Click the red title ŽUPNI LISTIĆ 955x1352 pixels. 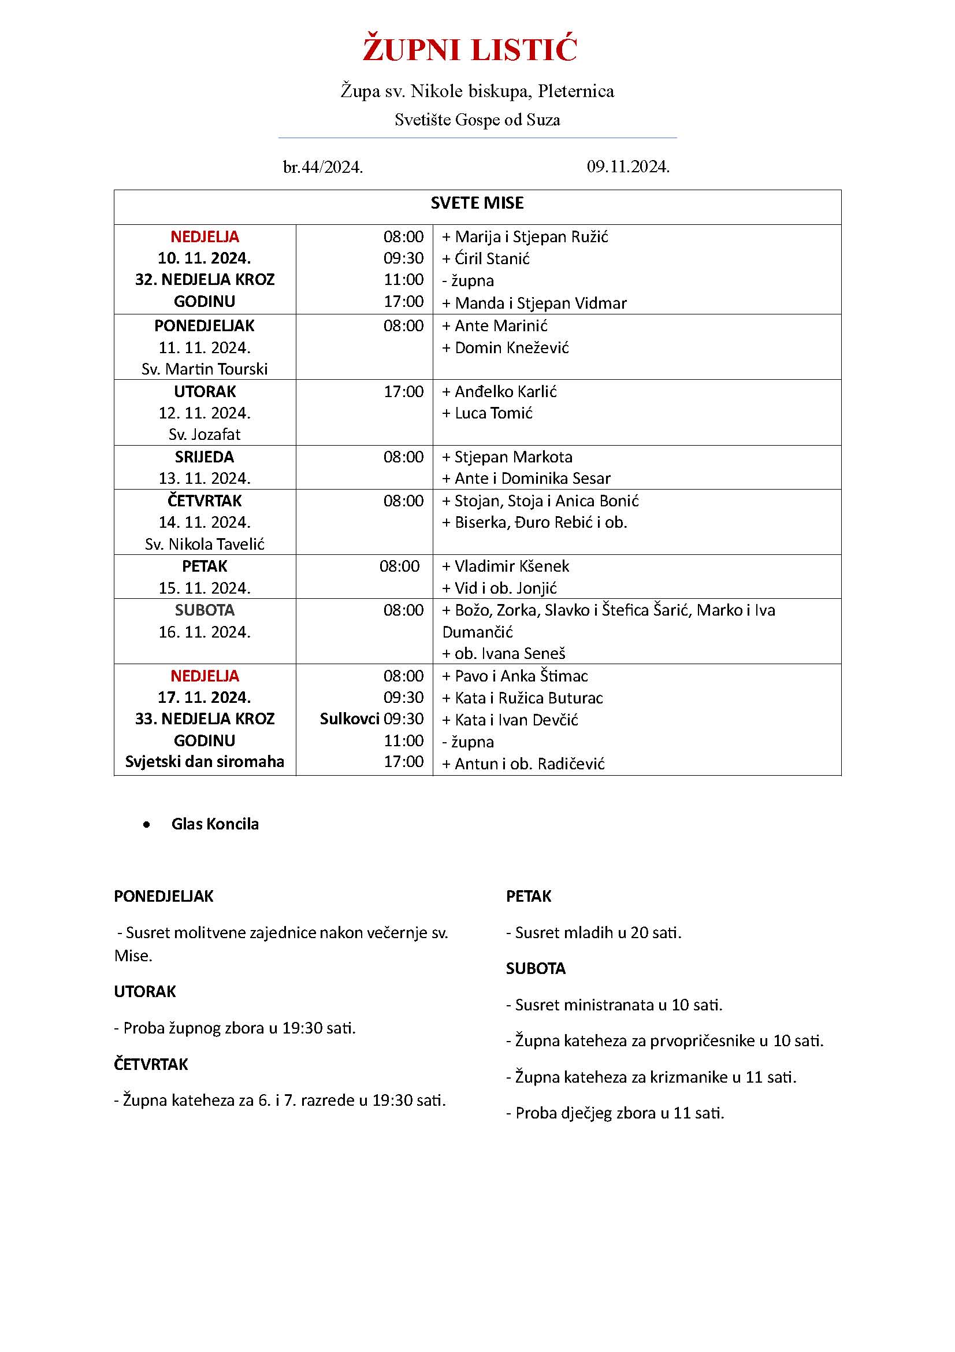click(470, 50)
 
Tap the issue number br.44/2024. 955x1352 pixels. click(322, 168)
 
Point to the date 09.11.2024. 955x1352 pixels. click(628, 166)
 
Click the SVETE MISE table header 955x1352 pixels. click(477, 203)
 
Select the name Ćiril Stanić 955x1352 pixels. click(492, 258)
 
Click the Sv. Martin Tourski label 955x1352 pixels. click(204, 369)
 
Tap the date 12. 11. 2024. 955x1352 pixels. click(204, 413)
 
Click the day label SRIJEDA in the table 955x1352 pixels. click(204, 457)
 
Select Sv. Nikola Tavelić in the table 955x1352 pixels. click(204, 544)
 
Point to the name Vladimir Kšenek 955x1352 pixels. click(511, 566)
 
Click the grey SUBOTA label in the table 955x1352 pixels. click(204, 610)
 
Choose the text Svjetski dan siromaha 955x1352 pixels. click(204, 761)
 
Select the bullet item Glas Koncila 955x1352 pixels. click(215, 824)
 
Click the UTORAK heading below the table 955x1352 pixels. click(145, 992)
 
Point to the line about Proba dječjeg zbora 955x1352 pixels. click(615, 1113)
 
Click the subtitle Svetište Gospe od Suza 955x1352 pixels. click(477, 120)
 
